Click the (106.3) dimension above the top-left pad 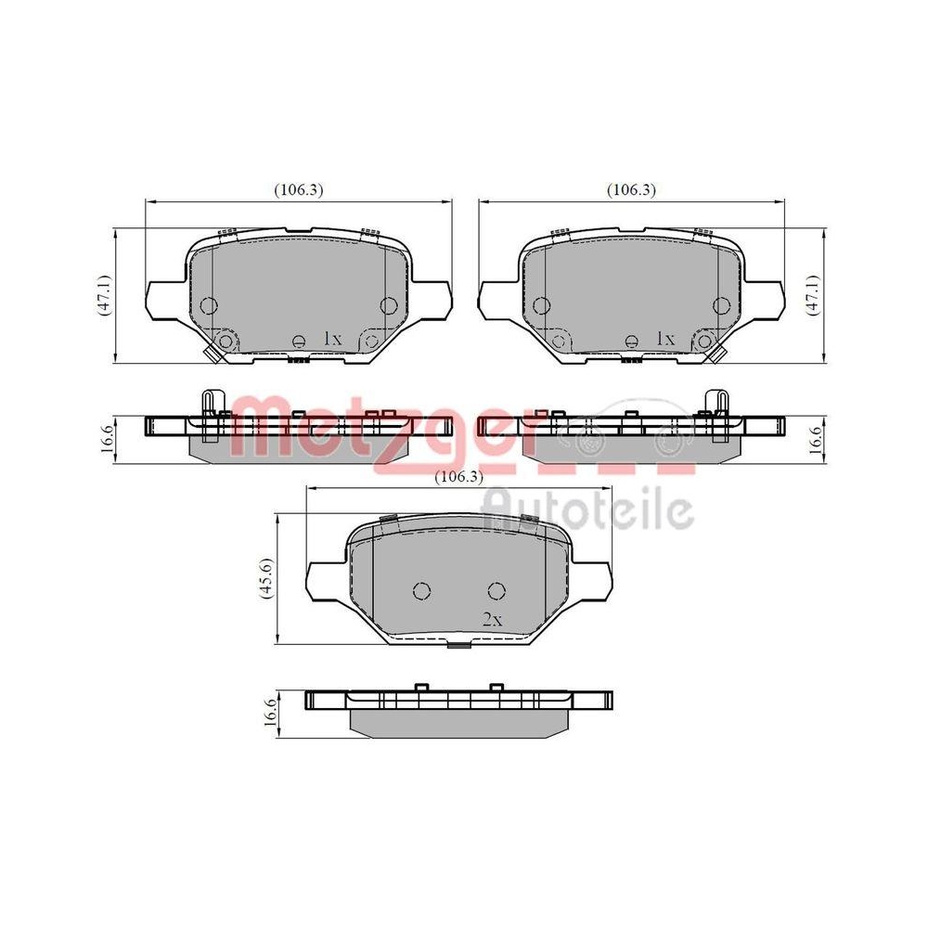298,189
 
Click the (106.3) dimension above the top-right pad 632,189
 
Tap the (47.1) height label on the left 105,295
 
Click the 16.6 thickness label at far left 108,434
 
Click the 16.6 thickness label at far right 814,434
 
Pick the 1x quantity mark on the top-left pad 333,340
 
